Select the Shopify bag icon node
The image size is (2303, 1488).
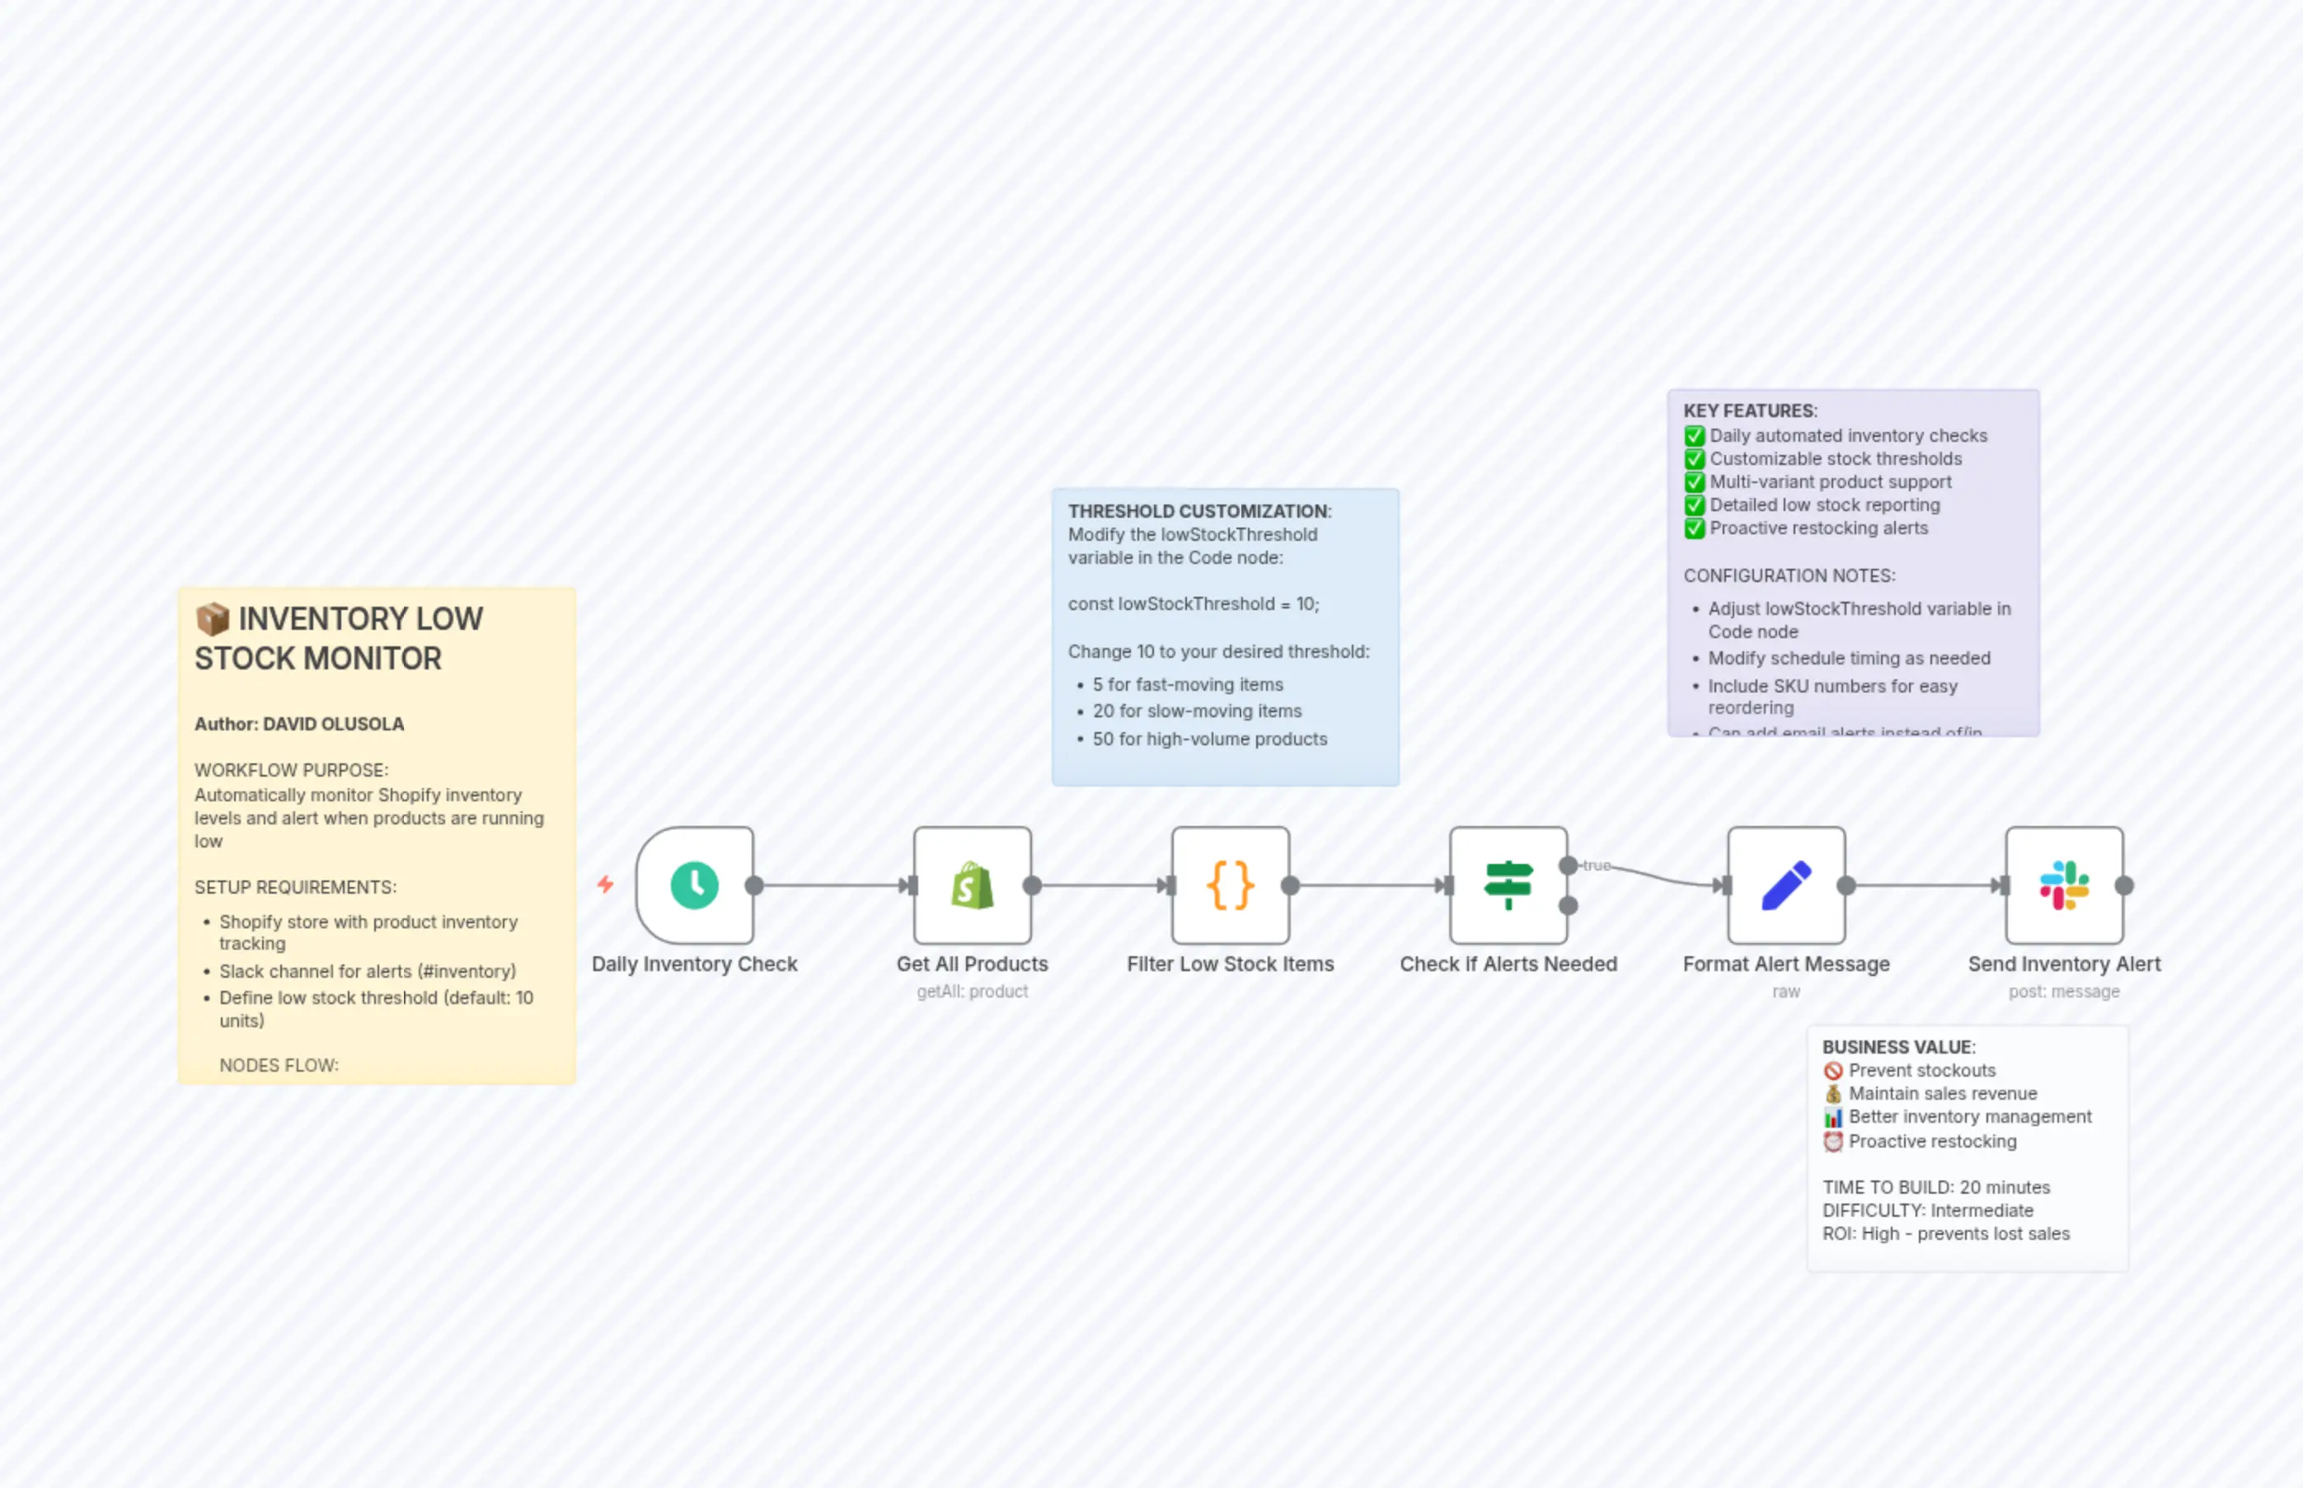[x=972, y=885]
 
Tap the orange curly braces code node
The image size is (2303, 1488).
[x=1230, y=885]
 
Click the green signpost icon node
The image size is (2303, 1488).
[x=1508, y=885]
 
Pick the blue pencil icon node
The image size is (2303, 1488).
[x=1785, y=885]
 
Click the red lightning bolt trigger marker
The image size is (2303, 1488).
[x=606, y=884]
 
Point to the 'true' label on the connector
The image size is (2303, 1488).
[x=1597, y=866]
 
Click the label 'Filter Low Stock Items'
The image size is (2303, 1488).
[x=1230, y=965]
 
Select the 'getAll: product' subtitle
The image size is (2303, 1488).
[x=972, y=992]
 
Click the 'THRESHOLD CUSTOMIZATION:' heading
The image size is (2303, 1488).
[x=1198, y=511]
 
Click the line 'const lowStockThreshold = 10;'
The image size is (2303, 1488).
[x=1193, y=604]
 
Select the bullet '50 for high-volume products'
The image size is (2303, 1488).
[x=1209, y=739]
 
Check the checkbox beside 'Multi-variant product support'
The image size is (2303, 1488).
[x=1695, y=482]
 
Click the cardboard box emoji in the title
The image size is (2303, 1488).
[x=213, y=618]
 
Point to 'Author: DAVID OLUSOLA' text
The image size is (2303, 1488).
[x=299, y=724]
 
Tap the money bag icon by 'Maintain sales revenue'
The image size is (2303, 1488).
[x=1832, y=1094]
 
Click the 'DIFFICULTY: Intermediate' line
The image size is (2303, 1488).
[x=1927, y=1211]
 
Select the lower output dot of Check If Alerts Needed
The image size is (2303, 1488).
[x=1569, y=905]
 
